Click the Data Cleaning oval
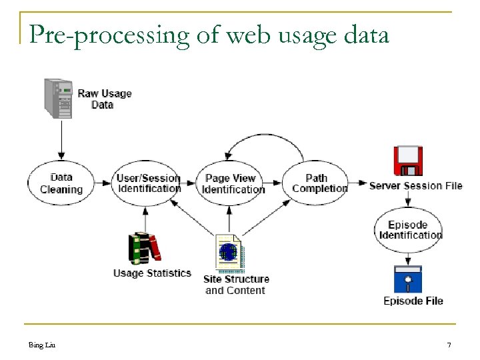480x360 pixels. coord(61,183)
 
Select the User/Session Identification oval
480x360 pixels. coord(148,183)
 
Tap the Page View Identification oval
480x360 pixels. coord(233,183)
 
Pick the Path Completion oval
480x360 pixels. coord(316,183)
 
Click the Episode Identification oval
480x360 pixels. coord(408,229)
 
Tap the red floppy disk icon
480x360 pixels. coord(408,161)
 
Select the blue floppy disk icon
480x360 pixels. coord(408,279)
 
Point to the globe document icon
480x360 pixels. coord(229,253)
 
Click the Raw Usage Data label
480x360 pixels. coord(104,99)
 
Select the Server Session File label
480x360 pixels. coord(415,185)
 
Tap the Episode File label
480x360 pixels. coord(413,301)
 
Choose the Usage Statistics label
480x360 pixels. coord(152,273)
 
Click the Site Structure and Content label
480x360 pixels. coord(235,285)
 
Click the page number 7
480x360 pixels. coord(449,345)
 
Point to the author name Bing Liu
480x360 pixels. coord(42,345)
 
